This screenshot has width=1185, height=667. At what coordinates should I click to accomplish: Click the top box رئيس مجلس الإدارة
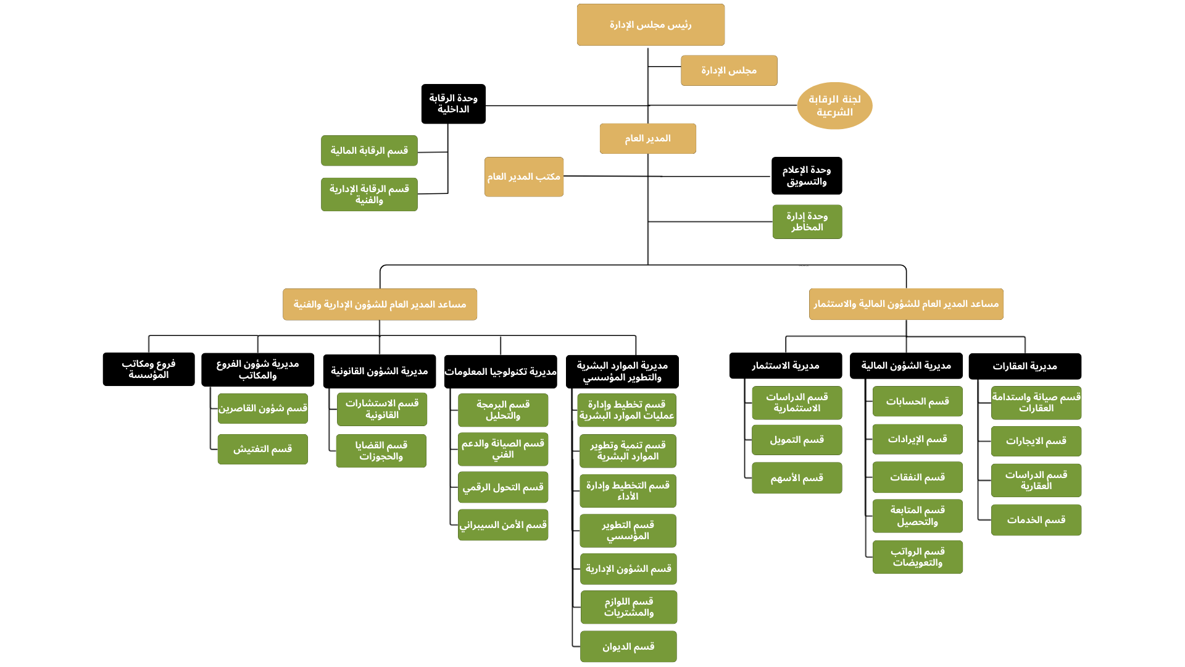651,25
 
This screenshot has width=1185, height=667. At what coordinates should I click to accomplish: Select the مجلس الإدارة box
729,70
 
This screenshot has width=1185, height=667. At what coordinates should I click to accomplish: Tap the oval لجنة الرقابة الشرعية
834,106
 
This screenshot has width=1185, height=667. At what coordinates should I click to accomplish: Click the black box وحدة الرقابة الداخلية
453,104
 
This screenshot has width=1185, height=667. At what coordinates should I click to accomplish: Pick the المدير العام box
647,138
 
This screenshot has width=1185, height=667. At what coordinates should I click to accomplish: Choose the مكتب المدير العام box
523,177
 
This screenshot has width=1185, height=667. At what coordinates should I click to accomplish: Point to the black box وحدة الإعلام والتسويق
806,175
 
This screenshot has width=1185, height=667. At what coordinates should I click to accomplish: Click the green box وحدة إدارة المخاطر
807,222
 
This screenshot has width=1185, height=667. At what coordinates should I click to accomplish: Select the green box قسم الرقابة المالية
369,151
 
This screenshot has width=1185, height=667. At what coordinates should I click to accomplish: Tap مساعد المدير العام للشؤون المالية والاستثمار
906,304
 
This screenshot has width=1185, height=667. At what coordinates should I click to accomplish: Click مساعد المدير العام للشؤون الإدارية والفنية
380,304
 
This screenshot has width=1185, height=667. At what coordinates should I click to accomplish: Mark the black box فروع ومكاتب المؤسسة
149,369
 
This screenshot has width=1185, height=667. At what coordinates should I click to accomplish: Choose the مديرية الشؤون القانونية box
379,371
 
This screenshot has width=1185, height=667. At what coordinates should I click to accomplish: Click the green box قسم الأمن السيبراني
503,525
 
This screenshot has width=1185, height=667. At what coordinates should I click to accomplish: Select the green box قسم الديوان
628,647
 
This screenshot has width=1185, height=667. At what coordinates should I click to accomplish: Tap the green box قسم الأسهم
797,478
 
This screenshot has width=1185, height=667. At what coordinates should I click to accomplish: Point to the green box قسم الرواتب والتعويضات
917,557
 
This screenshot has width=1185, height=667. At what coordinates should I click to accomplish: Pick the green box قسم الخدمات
1036,520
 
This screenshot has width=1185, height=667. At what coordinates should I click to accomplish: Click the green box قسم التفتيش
262,449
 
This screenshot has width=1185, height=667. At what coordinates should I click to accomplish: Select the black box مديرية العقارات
1025,366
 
